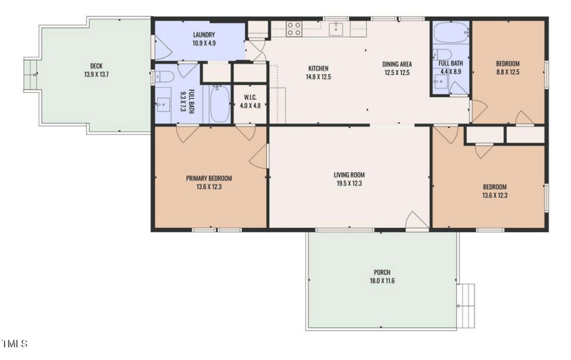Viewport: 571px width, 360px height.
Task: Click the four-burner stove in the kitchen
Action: [293, 29]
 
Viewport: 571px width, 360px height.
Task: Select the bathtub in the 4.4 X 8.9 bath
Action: [450, 33]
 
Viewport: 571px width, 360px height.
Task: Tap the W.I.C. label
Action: [250, 97]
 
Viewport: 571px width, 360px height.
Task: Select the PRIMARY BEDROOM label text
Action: [208, 179]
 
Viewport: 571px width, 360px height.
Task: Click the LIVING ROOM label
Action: [349, 175]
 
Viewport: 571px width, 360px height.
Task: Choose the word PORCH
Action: [382, 272]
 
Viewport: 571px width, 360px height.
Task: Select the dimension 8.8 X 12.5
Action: [507, 71]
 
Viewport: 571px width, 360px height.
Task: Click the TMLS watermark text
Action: [14, 344]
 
